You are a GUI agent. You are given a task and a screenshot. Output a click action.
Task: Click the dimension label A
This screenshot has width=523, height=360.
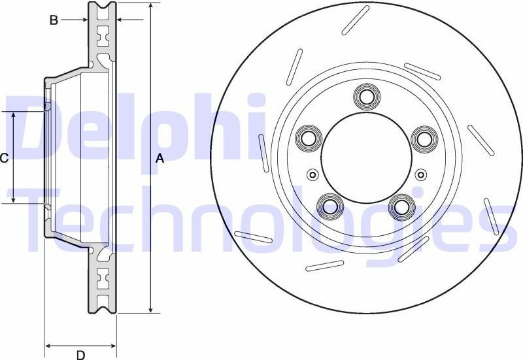point(159,158)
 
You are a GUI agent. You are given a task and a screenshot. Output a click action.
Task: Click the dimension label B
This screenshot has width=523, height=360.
point(54,20)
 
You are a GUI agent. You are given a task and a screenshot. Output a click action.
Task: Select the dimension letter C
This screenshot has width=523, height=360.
point(4,158)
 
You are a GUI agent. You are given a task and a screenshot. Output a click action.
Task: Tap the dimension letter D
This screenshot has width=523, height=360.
point(80,355)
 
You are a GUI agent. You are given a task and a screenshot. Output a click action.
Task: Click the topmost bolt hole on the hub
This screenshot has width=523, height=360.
point(365,97)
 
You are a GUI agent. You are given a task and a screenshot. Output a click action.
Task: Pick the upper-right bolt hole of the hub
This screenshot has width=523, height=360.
point(424,139)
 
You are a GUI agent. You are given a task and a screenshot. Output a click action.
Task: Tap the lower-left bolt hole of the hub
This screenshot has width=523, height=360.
point(329,207)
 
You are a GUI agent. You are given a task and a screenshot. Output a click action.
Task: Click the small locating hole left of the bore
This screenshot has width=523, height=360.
point(312,174)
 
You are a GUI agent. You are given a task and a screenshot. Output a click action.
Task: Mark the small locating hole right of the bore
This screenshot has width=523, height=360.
point(420,174)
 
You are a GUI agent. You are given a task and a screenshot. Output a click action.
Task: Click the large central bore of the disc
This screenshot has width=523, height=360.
point(365,157)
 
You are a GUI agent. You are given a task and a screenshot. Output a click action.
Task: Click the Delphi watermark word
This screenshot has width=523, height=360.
point(131,127)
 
